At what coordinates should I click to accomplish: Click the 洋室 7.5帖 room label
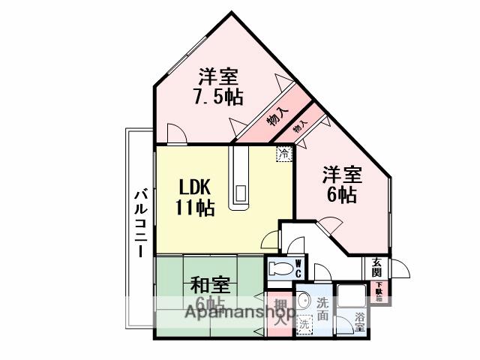point(217,87)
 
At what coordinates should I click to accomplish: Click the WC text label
point(298,268)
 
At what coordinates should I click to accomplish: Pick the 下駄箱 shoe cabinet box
point(379,290)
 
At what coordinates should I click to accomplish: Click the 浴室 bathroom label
point(360,320)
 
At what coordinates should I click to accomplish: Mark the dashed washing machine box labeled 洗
point(304,325)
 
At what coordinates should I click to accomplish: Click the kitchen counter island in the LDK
point(242,179)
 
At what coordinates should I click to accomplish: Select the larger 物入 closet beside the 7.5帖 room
point(275,116)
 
